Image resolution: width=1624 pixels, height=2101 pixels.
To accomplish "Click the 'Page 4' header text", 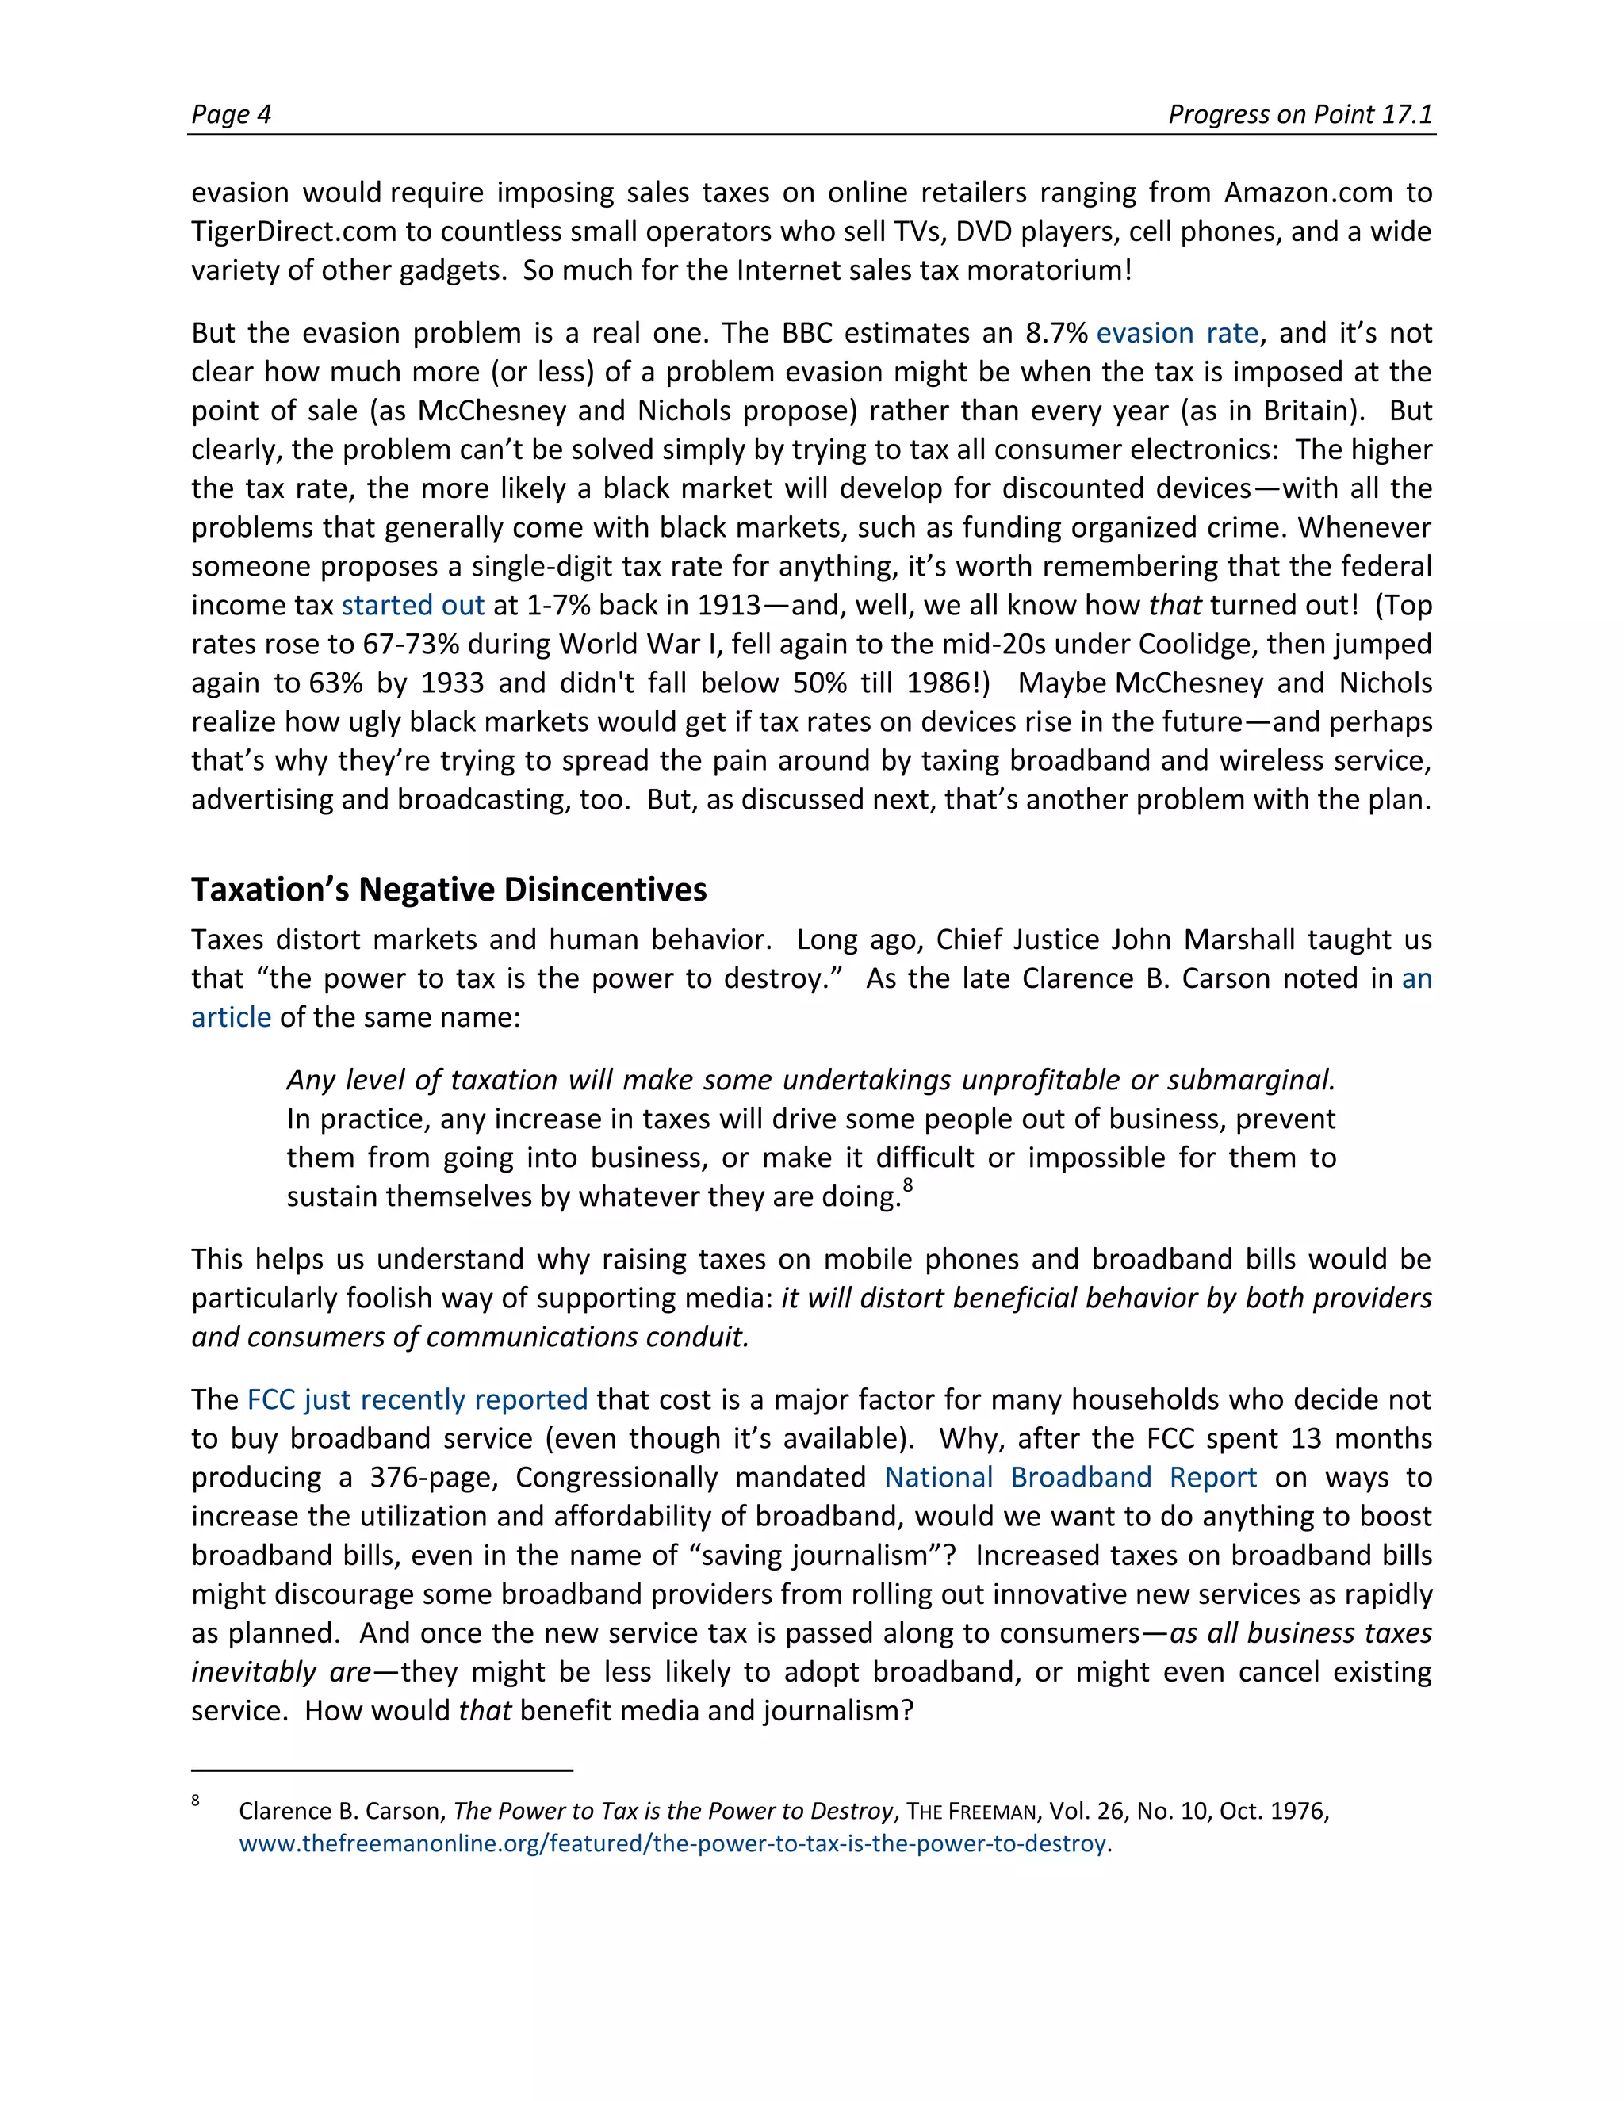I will pyautogui.click(x=231, y=114).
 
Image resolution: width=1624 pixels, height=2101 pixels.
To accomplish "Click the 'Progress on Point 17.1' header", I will pyautogui.click(x=1300, y=114).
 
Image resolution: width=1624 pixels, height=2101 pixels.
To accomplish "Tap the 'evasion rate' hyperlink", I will pyautogui.click(x=1177, y=333).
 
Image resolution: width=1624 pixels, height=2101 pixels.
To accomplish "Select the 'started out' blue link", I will pyautogui.click(x=412, y=605).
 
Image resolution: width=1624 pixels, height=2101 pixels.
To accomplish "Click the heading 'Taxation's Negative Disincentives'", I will pyautogui.click(x=448, y=889).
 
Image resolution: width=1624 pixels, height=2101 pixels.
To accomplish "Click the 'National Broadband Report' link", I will pyautogui.click(x=1070, y=1477).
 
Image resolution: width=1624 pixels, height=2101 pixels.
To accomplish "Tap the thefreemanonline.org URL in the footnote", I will pyautogui.click(x=672, y=1843).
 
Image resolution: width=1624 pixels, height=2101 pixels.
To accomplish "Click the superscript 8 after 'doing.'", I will pyautogui.click(x=907, y=1185).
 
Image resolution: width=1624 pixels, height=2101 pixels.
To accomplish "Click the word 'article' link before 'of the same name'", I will pyautogui.click(x=231, y=1017).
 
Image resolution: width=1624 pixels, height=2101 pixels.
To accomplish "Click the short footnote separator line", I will pyautogui.click(x=382, y=1770).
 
